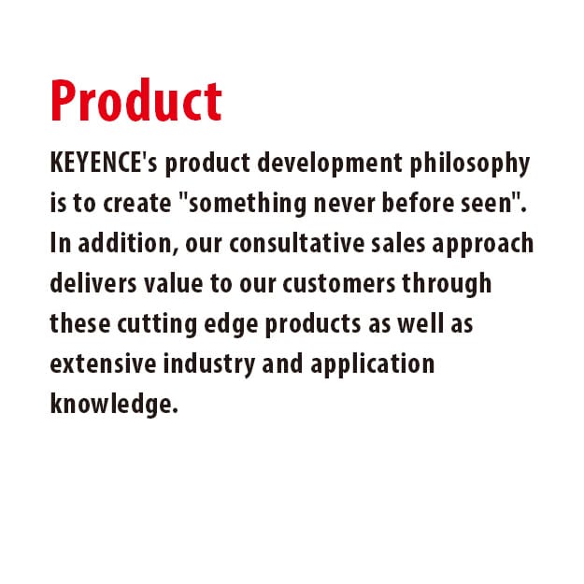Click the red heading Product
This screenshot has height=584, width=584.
[135, 100]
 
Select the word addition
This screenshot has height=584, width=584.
[126, 244]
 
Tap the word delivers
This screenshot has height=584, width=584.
[89, 282]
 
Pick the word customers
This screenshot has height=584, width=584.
[349, 282]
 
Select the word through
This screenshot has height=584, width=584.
[451, 282]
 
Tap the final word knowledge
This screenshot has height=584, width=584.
[112, 403]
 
